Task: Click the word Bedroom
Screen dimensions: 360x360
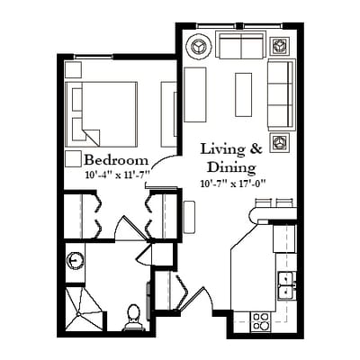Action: (x=116, y=160)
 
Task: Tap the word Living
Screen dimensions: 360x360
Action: (x=222, y=149)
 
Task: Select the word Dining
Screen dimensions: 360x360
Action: (x=231, y=167)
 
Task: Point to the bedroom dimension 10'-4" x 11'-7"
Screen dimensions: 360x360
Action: (x=118, y=175)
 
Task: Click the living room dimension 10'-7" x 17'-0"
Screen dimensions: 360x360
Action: (x=234, y=184)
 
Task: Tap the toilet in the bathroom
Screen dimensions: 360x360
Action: (x=133, y=318)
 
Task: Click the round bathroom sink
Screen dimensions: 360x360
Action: (x=75, y=260)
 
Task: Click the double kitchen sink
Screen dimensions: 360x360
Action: (x=287, y=285)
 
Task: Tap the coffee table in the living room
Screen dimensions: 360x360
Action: (x=243, y=94)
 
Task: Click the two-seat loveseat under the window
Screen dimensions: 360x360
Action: (x=240, y=46)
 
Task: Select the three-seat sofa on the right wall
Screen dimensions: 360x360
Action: (x=282, y=94)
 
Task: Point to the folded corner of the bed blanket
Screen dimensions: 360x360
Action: (x=92, y=136)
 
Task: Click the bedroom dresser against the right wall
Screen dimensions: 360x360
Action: (x=169, y=114)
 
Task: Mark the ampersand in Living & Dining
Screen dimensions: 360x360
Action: (x=256, y=149)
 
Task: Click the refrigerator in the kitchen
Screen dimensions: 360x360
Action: (x=284, y=238)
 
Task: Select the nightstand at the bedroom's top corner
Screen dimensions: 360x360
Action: (x=73, y=69)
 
